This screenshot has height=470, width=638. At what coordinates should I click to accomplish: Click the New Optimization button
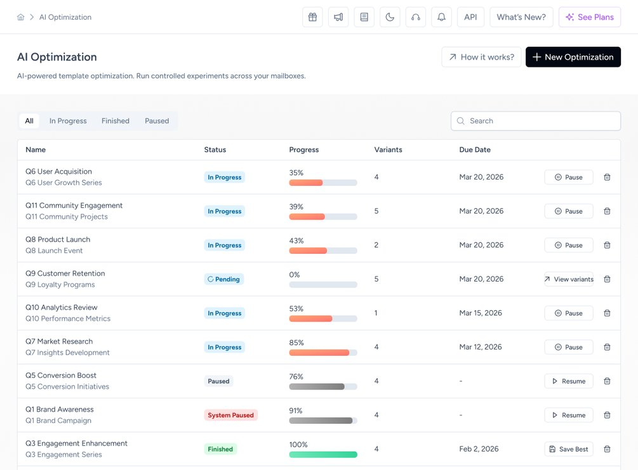pyautogui.click(x=573, y=57)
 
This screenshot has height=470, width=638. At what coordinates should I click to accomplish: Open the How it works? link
pyautogui.click(x=481, y=57)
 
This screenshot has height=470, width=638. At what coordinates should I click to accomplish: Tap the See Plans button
pyautogui.click(x=590, y=17)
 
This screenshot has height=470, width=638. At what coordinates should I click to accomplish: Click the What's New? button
pyautogui.click(x=521, y=17)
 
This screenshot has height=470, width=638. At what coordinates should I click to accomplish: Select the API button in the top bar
pyautogui.click(x=470, y=17)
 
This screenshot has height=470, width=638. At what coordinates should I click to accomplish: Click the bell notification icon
pyautogui.click(x=441, y=17)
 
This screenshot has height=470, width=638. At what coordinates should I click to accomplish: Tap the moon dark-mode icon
pyautogui.click(x=390, y=17)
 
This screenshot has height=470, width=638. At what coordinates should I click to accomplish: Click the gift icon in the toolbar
pyautogui.click(x=312, y=17)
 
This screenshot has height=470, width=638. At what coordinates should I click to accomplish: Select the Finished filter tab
pyautogui.click(x=116, y=121)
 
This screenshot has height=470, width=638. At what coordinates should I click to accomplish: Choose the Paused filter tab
pyautogui.click(x=157, y=121)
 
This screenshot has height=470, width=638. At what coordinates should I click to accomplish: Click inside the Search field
pyautogui.click(x=535, y=121)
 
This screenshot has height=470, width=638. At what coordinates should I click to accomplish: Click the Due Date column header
pyautogui.click(x=475, y=150)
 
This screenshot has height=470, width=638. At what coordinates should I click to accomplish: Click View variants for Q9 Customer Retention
pyautogui.click(x=568, y=279)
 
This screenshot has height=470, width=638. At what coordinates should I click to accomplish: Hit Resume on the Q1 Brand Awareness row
pyautogui.click(x=568, y=415)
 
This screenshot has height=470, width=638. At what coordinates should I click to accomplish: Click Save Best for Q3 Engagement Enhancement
pyautogui.click(x=568, y=449)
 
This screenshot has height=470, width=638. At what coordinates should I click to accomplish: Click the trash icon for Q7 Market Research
pyautogui.click(x=607, y=347)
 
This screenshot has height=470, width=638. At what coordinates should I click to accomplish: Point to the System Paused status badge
pyautogui.click(x=230, y=415)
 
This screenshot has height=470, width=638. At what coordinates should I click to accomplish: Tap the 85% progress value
pyautogui.click(x=296, y=343)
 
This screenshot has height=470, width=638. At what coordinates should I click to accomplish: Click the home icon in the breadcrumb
pyautogui.click(x=21, y=17)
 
